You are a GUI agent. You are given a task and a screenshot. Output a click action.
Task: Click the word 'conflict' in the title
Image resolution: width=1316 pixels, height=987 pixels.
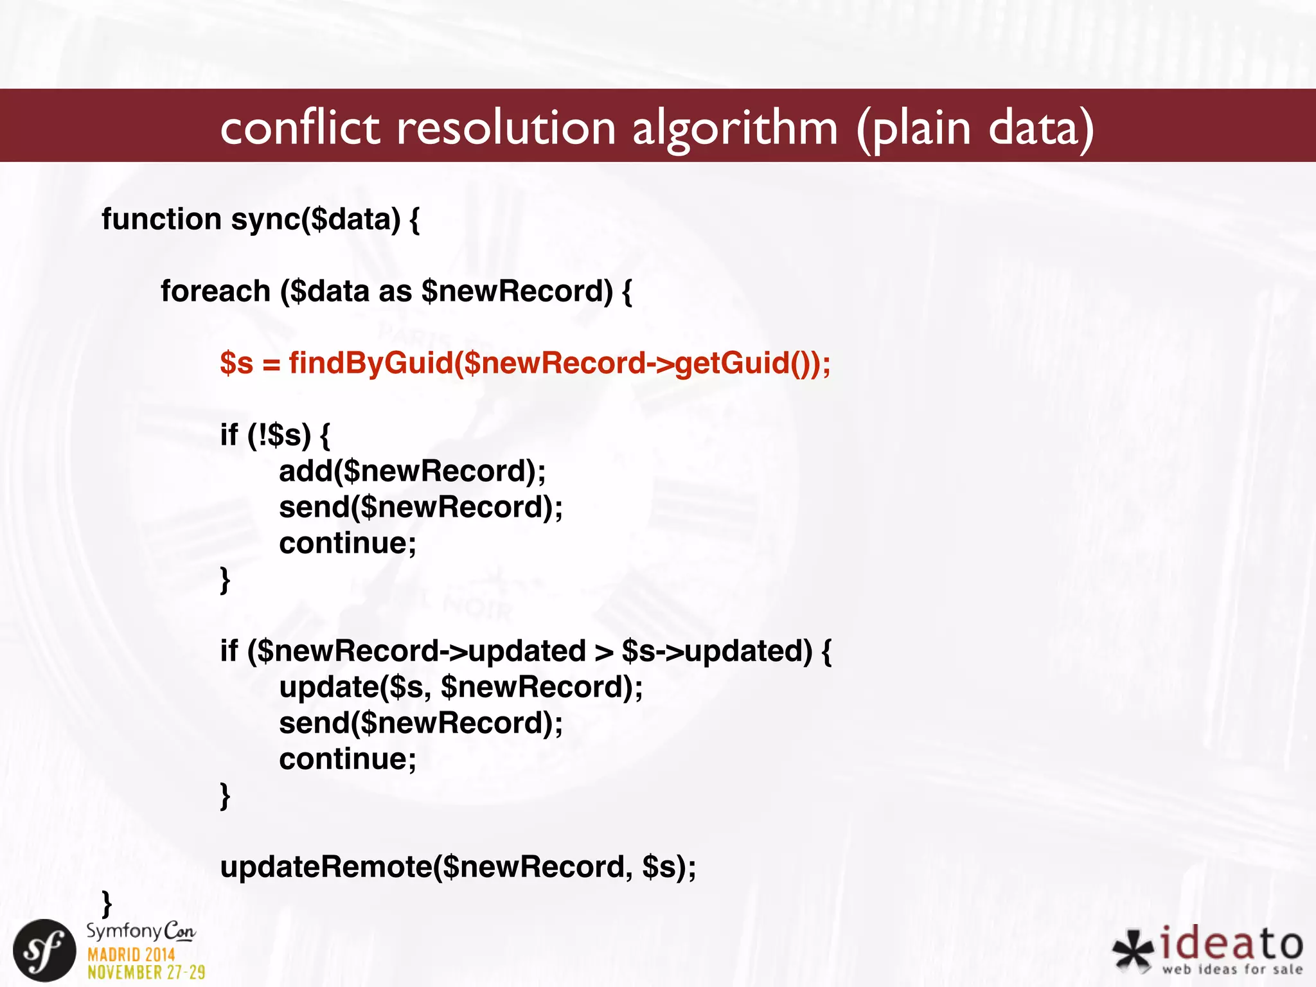300,127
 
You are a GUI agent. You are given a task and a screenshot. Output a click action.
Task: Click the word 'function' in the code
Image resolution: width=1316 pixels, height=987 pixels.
161,219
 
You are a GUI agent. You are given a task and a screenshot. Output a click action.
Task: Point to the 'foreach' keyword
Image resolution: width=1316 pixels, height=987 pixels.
215,291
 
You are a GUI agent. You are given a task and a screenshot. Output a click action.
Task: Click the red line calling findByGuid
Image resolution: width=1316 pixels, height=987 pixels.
525,363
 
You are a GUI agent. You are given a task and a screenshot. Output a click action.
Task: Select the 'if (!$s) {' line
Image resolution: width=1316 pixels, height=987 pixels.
275,435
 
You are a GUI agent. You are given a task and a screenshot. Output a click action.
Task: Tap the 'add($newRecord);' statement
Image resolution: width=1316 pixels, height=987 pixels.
412,471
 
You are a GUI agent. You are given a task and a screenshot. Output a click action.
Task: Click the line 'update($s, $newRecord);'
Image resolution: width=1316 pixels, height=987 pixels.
461,687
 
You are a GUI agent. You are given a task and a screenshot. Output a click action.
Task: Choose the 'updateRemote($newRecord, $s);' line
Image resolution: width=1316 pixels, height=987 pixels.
458,867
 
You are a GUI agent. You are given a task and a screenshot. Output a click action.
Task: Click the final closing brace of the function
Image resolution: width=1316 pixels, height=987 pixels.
107,903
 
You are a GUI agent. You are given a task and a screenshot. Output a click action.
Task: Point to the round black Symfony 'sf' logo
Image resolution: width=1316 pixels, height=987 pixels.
44,950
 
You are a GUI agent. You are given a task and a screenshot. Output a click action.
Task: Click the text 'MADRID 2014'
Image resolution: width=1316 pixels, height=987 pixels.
131,954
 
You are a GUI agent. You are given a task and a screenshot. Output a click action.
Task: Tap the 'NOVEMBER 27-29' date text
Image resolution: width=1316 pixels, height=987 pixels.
146,972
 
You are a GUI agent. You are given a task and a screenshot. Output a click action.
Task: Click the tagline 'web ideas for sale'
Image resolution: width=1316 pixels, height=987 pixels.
1232,969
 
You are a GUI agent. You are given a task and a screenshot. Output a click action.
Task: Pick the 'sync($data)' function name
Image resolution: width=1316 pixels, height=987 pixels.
315,219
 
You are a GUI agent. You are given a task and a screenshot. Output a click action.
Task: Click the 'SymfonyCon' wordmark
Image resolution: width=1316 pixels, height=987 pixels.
141,931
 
